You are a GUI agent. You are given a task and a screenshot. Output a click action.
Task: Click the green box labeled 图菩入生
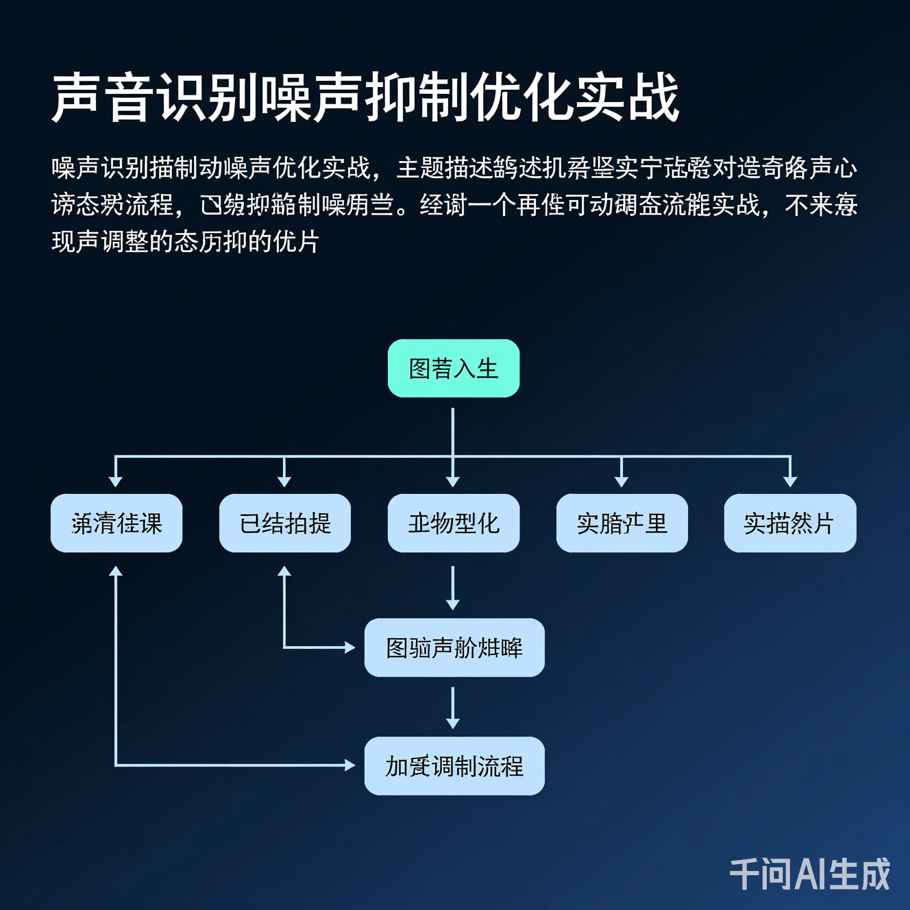coord(453,369)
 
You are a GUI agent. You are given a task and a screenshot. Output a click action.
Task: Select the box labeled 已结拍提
coord(284,524)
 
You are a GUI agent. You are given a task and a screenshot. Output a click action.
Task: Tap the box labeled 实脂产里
coord(622,524)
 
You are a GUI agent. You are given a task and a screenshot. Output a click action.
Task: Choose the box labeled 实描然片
coord(789,524)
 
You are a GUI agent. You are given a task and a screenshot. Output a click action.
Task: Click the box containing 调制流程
coord(454,766)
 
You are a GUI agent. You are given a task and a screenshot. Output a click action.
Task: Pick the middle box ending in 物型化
coord(453,524)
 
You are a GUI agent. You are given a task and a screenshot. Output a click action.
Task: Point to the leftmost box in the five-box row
coord(116,524)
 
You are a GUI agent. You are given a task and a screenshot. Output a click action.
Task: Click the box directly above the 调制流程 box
coord(454,648)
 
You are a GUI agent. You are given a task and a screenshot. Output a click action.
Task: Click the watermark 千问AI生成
coord(809,874)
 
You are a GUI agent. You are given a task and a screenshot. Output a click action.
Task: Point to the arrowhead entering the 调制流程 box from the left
coord(350,765)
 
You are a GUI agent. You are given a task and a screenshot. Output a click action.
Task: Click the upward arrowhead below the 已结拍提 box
coord(284,571)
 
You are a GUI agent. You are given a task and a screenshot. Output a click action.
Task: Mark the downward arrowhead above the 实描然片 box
coord(790,482)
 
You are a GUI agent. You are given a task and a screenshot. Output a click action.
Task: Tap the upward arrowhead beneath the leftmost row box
coord(116,571)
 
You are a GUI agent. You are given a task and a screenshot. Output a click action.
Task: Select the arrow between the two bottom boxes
coord(452,707)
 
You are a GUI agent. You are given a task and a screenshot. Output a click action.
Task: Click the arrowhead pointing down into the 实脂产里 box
coord(622,482)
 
